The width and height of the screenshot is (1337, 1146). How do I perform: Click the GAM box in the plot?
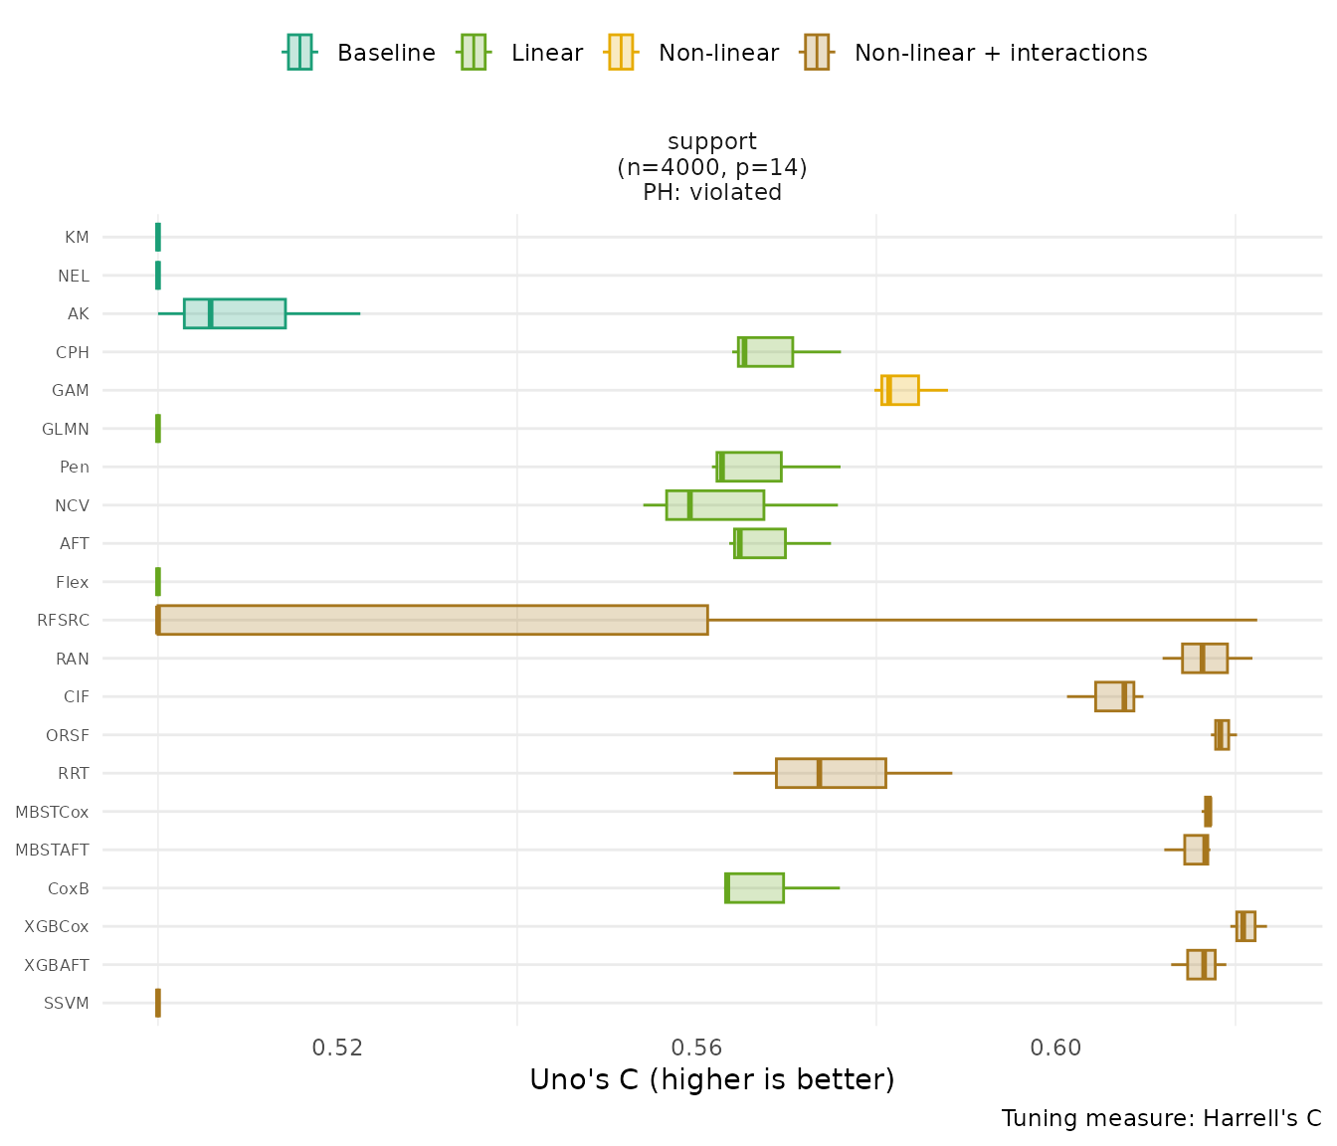900,390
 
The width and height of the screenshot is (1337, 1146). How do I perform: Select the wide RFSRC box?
433,620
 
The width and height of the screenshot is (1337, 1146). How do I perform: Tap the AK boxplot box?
235,313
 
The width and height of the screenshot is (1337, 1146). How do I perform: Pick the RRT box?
831,773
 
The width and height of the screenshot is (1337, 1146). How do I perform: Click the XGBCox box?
1245,926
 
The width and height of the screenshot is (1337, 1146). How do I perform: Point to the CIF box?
1114,696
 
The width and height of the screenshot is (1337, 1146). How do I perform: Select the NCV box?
715,505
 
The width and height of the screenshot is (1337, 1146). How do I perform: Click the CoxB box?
754,888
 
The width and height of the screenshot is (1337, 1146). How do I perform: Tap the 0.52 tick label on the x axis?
337,1048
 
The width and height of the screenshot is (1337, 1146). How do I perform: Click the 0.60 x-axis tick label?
1055,1048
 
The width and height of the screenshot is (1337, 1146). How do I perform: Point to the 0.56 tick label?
696,1048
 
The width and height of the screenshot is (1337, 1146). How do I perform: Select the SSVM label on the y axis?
67,1003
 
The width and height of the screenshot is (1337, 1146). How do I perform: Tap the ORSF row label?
68,735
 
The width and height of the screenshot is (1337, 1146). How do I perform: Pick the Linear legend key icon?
474,52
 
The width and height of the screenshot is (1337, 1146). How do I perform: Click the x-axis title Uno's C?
712,1080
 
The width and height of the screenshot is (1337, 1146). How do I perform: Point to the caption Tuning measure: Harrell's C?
1161,1118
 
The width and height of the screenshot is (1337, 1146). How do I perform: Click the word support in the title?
712,141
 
